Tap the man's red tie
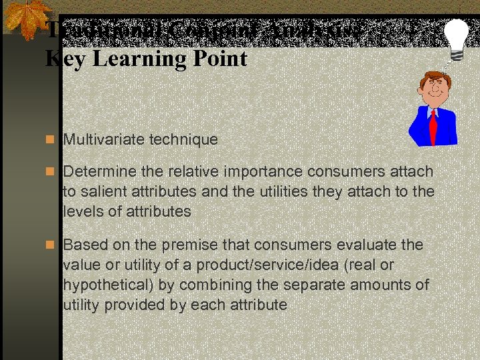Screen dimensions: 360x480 (433, 126)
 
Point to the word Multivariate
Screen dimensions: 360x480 (103, 139)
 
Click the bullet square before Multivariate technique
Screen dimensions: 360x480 (51, 139)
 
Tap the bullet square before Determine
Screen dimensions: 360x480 (51, 172)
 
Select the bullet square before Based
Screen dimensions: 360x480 (51, 245)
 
